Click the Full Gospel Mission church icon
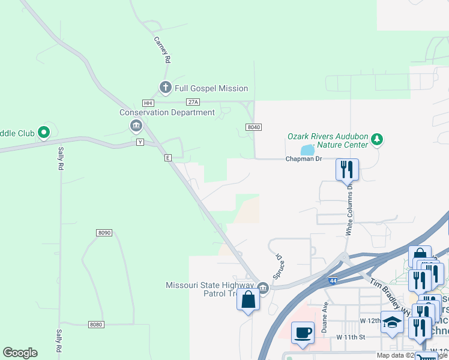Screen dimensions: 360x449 pos(166,88)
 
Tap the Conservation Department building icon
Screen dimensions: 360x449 pos(136,125)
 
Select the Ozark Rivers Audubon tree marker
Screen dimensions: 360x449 pos(377,140)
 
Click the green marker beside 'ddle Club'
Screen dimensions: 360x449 pos(43,132)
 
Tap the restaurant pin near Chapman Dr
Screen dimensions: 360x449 pos(347,170)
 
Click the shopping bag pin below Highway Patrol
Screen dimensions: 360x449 pos(248,299)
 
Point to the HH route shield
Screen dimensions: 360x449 pos(148,103)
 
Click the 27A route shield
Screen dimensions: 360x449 pos(192,103)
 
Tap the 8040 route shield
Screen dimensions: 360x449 pos(253,127)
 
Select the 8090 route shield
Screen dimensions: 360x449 pos(104,232)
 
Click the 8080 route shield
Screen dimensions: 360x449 pos(96,325)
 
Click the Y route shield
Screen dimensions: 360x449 pos(140,142)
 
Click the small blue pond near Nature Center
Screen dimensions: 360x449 pos(307,149)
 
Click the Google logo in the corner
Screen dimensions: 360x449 pos(20,353)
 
